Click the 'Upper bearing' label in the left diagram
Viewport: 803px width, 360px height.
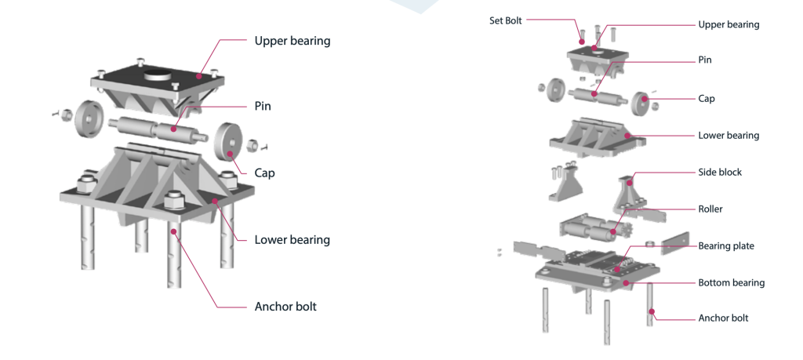click(x=292, y=41)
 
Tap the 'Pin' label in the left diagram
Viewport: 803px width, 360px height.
click(x=263, y=106)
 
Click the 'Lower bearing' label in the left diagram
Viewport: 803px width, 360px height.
click(x=292, y=240)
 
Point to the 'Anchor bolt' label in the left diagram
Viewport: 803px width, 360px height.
click(x=285, y=307)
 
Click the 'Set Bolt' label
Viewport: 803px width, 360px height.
click(x=505, y=21)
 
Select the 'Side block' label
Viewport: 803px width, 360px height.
click(x=719, y=172)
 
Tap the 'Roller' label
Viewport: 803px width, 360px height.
click(x=710, y=209)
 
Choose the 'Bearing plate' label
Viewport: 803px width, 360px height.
click(x=725, y=246)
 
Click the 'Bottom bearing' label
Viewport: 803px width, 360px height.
click(x=731, y=282)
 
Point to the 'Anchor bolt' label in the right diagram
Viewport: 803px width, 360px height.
click(x=723, y=318)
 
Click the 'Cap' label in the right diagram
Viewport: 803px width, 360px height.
click(x=707, y=99)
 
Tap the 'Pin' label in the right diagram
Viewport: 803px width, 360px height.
click(x=705, y=60)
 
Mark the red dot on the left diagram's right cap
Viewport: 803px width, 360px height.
click(x=231, y=155)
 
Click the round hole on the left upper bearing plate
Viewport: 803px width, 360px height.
click(x=159, y=78)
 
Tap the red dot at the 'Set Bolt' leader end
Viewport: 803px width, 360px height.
click(x=582, y=41)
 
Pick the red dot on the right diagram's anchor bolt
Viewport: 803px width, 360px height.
click(x=649, y=312)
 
